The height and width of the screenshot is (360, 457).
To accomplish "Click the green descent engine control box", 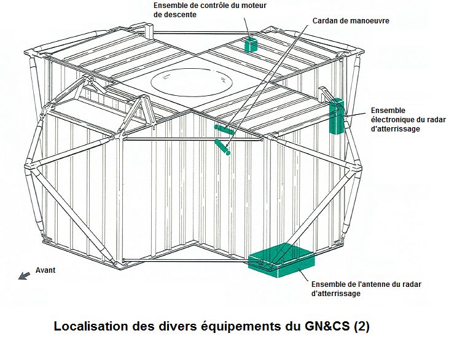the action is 251,45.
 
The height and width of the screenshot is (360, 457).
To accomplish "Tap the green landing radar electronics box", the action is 337,116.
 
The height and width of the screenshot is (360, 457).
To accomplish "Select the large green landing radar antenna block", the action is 281,260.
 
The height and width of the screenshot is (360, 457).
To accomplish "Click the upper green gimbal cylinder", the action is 224,130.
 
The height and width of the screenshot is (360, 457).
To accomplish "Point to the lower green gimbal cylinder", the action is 222,147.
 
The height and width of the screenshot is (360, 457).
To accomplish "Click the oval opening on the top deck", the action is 192,82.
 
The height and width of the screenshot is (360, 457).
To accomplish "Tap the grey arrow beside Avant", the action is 24,275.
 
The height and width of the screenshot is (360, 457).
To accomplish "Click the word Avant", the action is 45,270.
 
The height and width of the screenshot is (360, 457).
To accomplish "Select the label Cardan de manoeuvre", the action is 351,21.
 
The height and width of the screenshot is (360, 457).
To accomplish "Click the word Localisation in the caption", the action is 91,326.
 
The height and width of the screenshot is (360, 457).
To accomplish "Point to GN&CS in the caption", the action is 327,326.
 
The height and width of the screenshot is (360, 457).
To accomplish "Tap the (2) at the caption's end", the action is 361,326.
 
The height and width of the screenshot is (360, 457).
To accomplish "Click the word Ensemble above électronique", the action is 388,111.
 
